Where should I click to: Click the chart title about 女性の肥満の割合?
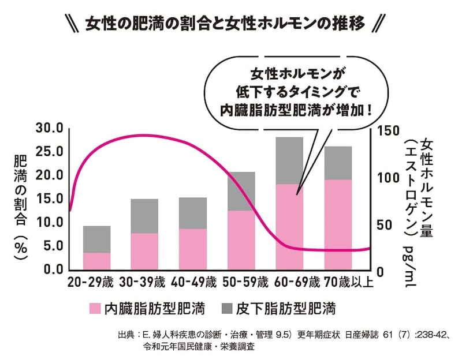230,24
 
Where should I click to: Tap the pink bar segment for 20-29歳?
96,261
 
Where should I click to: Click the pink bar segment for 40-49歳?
193,249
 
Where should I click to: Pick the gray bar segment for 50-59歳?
241,191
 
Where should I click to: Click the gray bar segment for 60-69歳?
289,160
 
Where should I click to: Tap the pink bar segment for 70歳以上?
338,224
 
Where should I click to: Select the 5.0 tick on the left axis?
53,246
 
